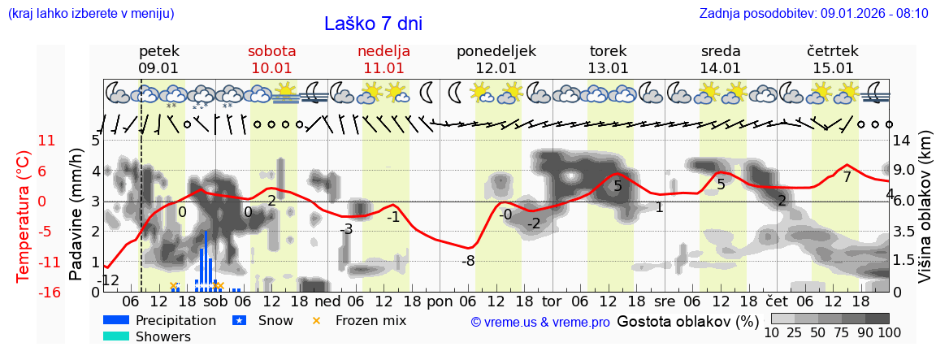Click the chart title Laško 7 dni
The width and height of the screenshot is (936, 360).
(373, 24)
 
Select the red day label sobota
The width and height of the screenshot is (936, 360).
(271, 51)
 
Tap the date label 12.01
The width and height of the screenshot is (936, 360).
(496, 68)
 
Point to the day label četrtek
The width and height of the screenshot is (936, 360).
(833, 51)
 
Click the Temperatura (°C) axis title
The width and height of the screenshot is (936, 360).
(24, 215)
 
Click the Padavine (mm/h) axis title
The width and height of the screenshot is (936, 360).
(76, 215)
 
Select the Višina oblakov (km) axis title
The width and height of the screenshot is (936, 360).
(924, 215)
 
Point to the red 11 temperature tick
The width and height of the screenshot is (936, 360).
(47, 141)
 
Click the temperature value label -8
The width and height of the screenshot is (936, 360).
(468, 261)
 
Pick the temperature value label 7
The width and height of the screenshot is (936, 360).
(847, 176)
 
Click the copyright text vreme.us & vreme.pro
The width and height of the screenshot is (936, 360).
(540, 322)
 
